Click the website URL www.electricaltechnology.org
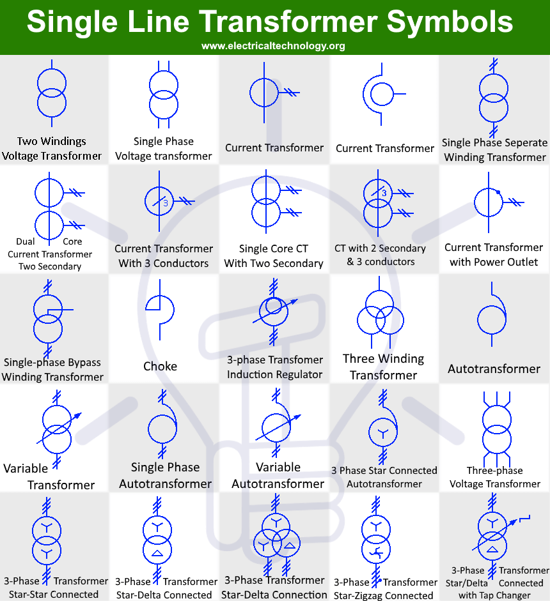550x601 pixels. tap(273, 46)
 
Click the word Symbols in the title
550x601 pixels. tap(450, 22)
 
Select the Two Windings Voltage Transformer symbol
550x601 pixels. tap(52, 93)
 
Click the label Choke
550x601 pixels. tap(160, 367)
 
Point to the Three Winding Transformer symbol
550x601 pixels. tap(380, 314)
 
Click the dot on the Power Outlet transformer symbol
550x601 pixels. tap(498, 192)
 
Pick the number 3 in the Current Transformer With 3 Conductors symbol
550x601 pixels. tap(166, 203)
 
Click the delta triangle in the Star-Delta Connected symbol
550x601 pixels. tap(157, 553)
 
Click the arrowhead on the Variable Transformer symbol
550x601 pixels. tap(78, 416)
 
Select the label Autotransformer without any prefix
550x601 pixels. tap(494, 369)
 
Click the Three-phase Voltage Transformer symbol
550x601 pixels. tap(497, 429)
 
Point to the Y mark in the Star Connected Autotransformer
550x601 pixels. tap(382, 433)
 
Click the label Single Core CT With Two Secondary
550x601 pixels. tap(274, 256)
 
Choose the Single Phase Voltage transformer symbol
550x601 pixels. tap(164, 95)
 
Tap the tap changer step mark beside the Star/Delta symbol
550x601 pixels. tap(524, 518)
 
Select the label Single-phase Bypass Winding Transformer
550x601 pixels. tap(52, 370)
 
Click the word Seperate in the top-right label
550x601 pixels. tap(526, 142)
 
